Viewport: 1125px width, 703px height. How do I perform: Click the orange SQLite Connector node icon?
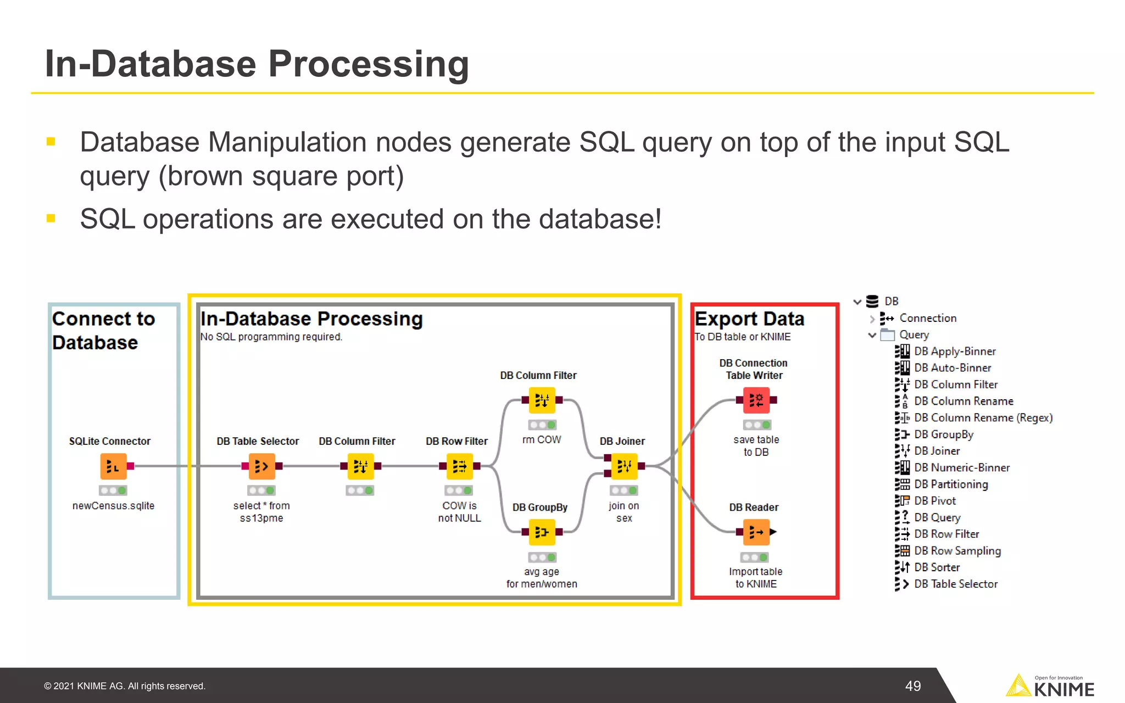click(x=114, y=466)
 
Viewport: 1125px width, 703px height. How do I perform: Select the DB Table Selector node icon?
click(x=262, y=466)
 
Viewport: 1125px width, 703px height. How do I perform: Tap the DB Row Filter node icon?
click(x=459, y=466)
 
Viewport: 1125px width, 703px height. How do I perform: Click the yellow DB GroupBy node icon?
click(x=542, y=532)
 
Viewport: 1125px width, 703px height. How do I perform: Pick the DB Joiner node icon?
click(x=624, y=466)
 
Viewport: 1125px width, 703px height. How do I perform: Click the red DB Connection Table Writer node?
click(x=756, y=400)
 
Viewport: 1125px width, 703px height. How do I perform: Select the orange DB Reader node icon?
click(x=756, y=532)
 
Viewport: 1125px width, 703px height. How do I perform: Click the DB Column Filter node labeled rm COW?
click(x=542, y=400)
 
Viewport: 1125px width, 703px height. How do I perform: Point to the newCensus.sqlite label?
click(x=113, y=505)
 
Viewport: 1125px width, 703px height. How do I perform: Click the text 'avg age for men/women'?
click(x=542, y=578)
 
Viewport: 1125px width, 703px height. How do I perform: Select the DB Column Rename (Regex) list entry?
click(x=983, y=418)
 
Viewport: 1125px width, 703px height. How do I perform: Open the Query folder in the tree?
click(x=914, y=334)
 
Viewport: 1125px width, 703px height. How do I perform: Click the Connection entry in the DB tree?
click(x=927, y=318)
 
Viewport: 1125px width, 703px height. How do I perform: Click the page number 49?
click(x=913, y=686)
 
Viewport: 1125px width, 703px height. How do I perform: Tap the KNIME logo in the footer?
click(x=1050, y=687)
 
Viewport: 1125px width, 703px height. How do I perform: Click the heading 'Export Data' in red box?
click(x=749, y=319)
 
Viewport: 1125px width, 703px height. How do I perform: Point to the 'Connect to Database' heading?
click(x=103, y=330)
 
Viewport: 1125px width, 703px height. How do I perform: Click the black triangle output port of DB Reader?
click(x=773, y=532)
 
